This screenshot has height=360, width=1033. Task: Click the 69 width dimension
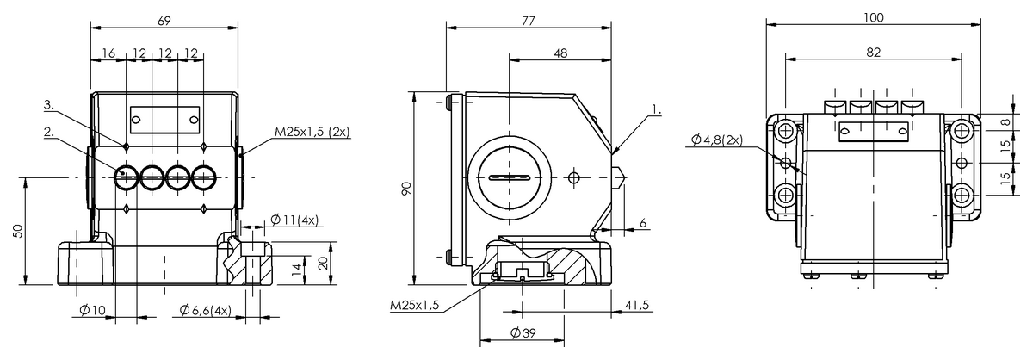pos(164,18)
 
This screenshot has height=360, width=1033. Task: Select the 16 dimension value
pos(108,53)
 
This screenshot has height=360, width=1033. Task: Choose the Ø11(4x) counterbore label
pos(294,220)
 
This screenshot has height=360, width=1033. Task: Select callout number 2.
pos(49,133)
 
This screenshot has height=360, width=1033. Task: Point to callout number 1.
pos(657,110)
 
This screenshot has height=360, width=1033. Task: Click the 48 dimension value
pos(560,53)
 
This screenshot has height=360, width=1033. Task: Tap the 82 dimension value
pos(874,52)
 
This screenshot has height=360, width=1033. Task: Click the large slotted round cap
pos(510,177)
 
